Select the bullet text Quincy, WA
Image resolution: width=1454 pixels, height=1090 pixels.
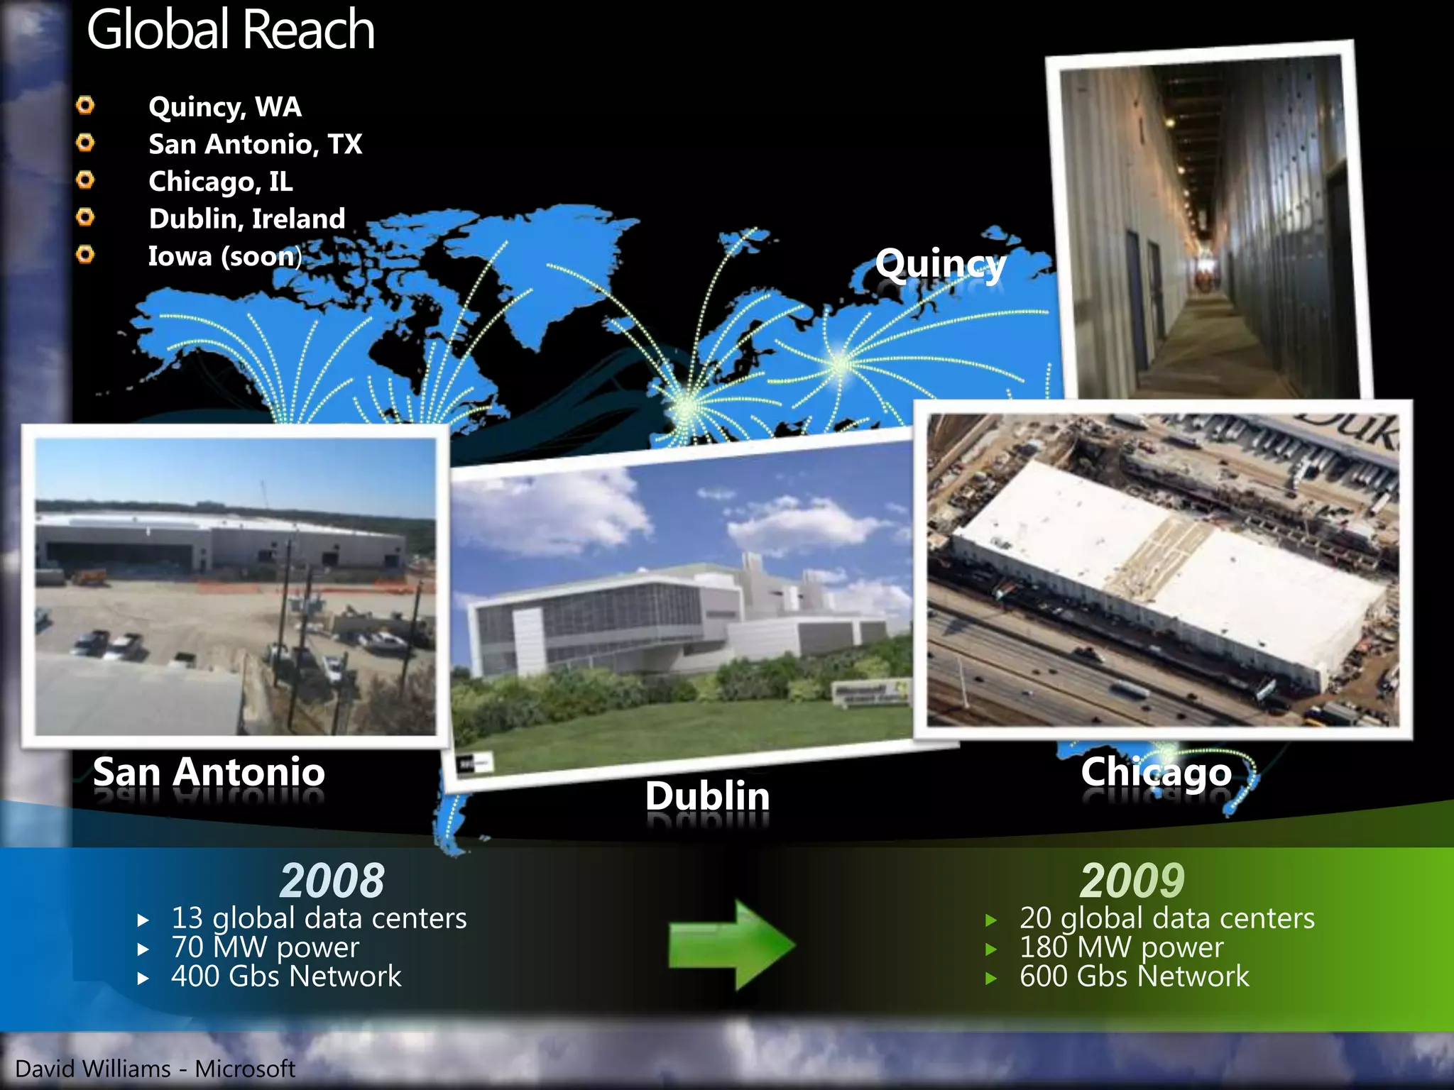coord(225,107)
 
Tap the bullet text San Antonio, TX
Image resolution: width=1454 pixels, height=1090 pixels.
coord(255,145)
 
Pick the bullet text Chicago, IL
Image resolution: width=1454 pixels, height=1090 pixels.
coord(220,182)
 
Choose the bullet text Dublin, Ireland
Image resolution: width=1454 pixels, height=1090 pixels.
coord(247,219)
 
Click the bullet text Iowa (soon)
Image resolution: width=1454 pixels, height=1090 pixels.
coord(224,256)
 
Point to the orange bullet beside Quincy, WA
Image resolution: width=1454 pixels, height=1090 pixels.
coord(85,106)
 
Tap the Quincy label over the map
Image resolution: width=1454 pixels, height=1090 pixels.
coord(941,264)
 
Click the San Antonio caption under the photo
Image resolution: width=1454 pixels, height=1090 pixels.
coord(209,771)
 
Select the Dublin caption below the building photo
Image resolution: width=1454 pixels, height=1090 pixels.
coord(707,796)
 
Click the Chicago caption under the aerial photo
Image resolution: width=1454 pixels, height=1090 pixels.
coord(1156,771)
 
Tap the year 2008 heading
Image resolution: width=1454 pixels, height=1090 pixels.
coord(332,881)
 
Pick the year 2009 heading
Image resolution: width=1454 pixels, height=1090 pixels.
coord(1132,881)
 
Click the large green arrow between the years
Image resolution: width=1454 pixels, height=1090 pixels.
coord(731,945)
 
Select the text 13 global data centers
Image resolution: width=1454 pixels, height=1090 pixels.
coord(319,918)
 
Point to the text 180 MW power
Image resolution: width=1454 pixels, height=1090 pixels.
coord(1121,947)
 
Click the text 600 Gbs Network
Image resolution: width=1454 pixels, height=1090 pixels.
coord(1134,976)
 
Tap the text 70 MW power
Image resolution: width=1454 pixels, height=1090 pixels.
coord(265,947)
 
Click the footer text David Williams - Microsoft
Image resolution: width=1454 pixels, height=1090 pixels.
coord(155,1069)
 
